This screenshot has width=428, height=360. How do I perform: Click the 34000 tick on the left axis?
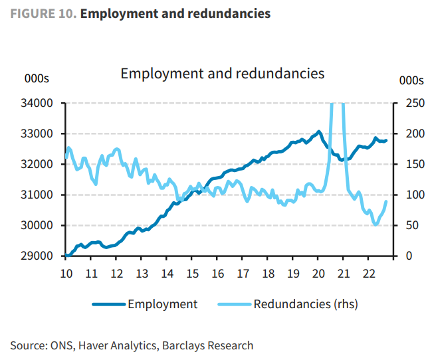39,103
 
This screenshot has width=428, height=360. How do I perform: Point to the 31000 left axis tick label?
39,195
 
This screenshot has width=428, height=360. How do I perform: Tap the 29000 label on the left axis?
39,256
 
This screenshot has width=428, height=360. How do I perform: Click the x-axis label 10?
66,273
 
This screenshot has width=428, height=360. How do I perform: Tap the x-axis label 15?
191,273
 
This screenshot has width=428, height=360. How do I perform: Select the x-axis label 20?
318,273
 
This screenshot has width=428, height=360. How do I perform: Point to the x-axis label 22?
369,273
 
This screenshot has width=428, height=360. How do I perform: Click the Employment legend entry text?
162,304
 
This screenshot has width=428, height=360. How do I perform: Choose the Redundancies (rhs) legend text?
306,304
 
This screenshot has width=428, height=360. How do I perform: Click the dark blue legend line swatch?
108,304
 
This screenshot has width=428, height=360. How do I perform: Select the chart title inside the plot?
222,73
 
